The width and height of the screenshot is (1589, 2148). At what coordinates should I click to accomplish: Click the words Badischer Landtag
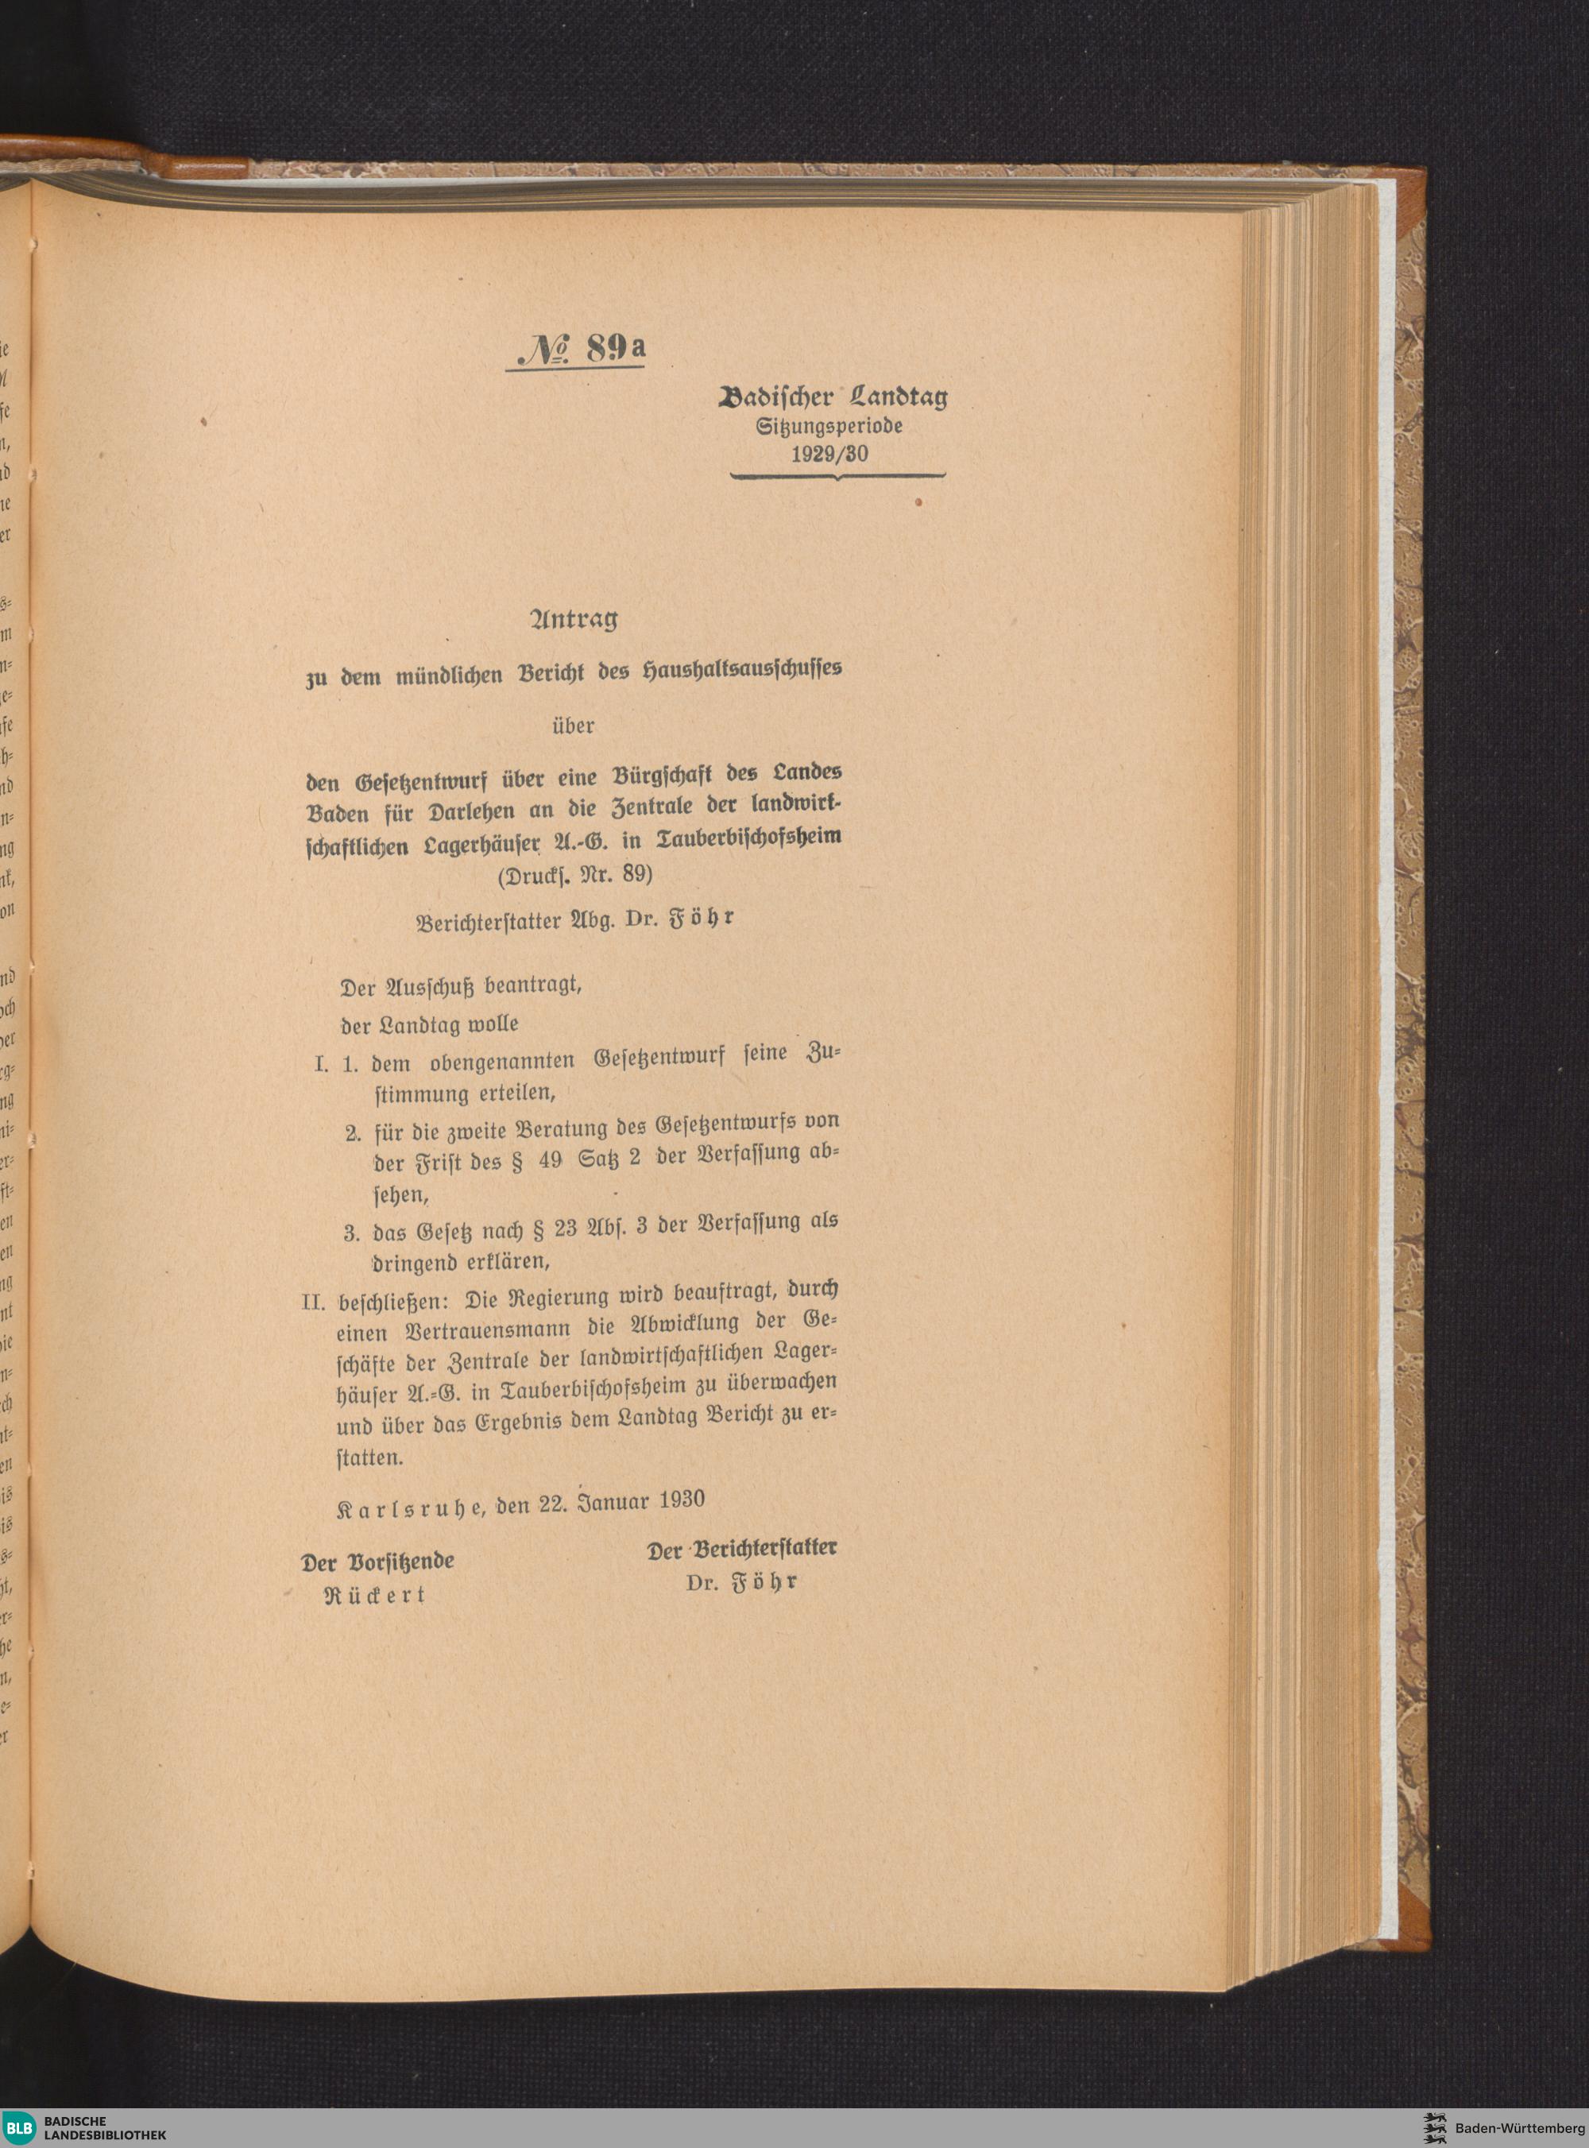tap(833, 397)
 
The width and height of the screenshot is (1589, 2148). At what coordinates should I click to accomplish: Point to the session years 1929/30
tap(829, 454)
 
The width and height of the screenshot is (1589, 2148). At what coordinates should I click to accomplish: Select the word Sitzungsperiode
tap(829, 425)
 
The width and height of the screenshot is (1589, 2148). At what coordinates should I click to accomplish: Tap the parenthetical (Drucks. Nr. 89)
tap(575, 876)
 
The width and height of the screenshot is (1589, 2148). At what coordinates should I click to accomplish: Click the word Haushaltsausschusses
tap(740, 672)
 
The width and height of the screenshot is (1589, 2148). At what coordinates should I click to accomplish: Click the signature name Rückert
tap(375, 1595)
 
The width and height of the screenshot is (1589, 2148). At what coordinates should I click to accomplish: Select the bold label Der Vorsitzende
tap(377, 1562)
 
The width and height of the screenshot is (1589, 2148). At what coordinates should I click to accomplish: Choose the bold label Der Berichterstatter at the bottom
tap(740, 1549)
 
